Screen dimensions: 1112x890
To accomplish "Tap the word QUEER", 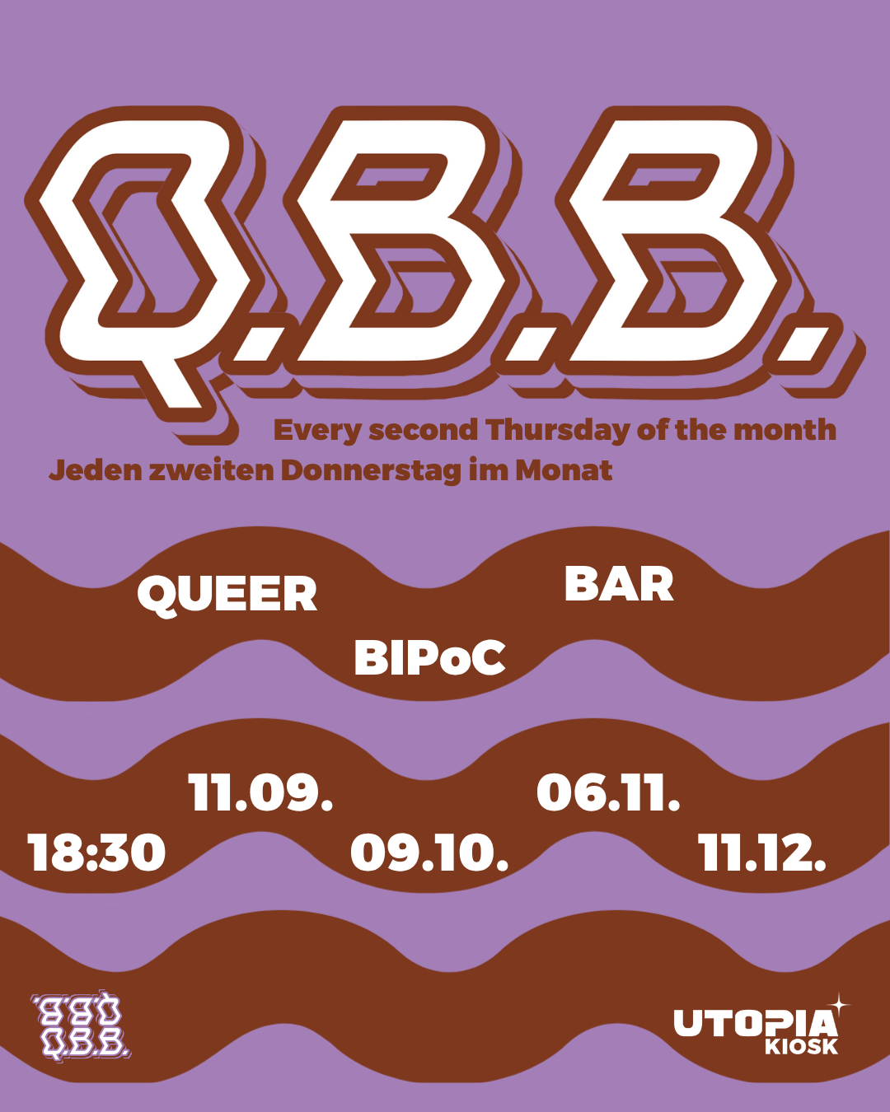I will [227, 594].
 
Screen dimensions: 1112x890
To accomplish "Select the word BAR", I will [619, 585].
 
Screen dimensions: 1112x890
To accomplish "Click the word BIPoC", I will [429, 658].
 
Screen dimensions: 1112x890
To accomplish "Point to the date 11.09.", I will [260, 793].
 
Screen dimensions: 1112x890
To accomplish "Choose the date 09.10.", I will [429, 853].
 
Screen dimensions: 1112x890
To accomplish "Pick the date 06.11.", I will [608, 793].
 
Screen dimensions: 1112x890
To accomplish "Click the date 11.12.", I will [762, 853].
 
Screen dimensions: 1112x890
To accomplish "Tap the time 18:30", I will [96, 853].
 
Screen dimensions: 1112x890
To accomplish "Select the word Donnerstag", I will [371, 470].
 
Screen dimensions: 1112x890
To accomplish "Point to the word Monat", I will [564, 470].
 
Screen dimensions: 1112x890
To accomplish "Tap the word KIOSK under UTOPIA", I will [801, 1047].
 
